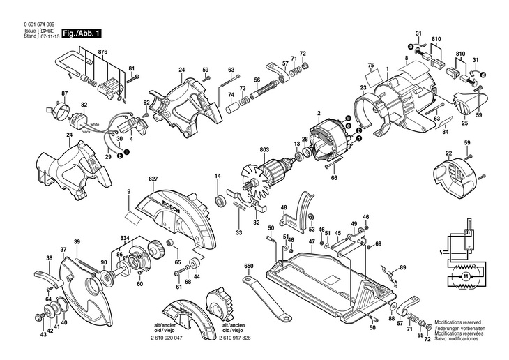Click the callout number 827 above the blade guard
click(153, 179)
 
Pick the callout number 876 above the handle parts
click(102, 52)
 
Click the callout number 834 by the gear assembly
click(123, 238)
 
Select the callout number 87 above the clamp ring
click(64, 93)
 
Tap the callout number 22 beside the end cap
click(448, 152)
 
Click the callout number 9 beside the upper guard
click(129, 191)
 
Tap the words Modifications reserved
click(458, 323)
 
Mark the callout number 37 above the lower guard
click(63, 250)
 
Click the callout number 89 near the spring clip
click(402, 267)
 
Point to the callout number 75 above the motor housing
click(371, 64)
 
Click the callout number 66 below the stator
click(333, 179)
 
